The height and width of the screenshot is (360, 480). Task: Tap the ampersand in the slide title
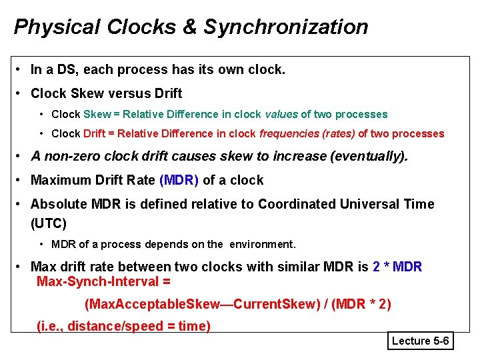coord(191,27)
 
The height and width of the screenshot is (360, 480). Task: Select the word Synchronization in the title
coord(286,27)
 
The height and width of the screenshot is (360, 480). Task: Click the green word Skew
coord(97,115)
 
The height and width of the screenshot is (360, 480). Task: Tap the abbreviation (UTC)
coord(49,223)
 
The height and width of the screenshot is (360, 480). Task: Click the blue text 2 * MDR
coord(397,267)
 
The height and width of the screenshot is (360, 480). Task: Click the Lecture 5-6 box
coord(421,341)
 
